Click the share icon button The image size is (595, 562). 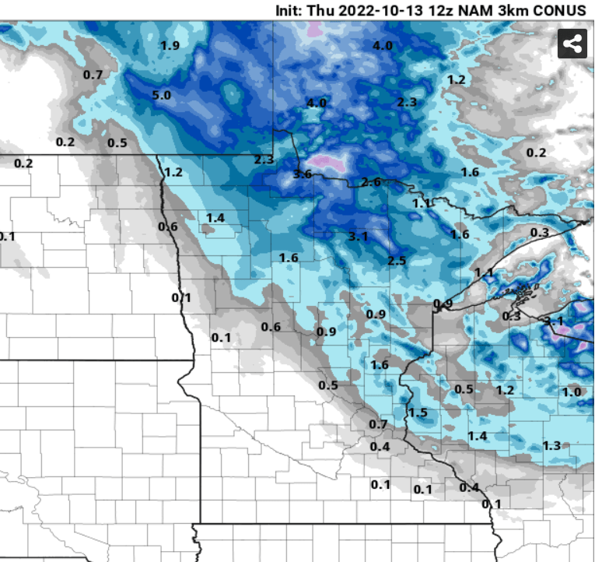coord(572,44)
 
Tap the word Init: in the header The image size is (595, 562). coord(293,11)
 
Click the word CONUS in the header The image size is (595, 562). coord(559,11)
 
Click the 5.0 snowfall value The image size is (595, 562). coord(162,96)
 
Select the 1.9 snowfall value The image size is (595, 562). coord(170,46)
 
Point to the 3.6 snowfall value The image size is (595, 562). coord(302,174)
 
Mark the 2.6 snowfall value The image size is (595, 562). coord(371,182)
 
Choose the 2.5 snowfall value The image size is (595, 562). coord(397,260)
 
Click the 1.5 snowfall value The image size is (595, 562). coord(418,413)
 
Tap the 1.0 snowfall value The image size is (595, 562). coord(572,392)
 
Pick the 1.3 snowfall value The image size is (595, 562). coord(551,445)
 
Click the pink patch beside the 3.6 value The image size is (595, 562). coord(331,163)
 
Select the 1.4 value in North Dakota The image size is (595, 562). coord(215,218)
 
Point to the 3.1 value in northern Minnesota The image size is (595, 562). coord(358,237)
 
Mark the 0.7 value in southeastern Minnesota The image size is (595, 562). coord(378,424)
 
